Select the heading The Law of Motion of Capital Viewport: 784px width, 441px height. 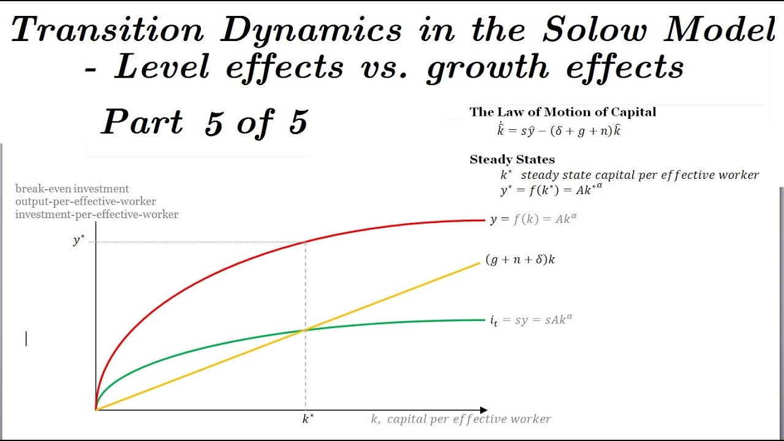point(562,112)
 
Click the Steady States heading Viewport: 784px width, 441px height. point(512,160)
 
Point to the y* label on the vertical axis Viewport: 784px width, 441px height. point(78,241)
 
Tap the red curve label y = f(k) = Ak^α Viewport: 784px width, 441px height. point(533,219)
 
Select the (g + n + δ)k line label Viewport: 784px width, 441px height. point(520,260)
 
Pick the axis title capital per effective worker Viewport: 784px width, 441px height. point(461,420)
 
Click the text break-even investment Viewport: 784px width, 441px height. point(72,189)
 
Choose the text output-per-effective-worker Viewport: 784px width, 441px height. point(86,202)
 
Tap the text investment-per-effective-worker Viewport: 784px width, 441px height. point(97,214)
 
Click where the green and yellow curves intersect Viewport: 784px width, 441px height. point(305,330)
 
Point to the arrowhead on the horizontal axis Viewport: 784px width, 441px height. point(484,409)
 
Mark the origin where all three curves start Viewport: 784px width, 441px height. point(96,409)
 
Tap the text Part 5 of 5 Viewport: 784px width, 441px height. point(204,123)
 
